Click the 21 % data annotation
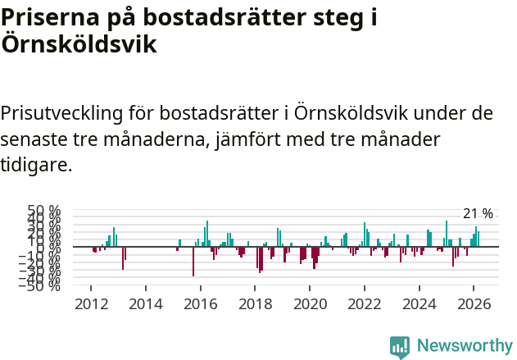click(478, 214)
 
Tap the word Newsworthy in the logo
click(464, 345)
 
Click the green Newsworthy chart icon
click(400, 347)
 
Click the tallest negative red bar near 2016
click(193, 262)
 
